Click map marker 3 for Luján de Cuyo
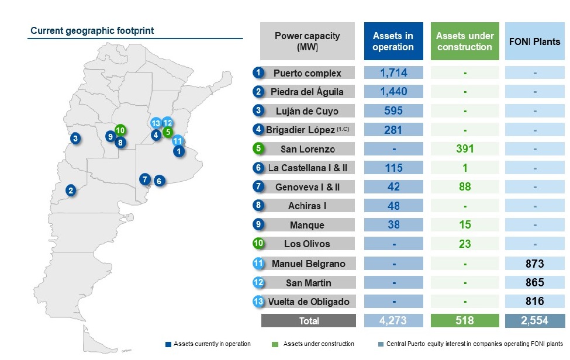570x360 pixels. click(x=76, y=139)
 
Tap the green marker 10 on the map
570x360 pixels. click(x=120, y=130)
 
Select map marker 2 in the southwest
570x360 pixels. click(x=71, y=190)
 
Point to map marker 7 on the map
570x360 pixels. click(x=145, y=179)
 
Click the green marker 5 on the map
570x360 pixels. click(x=168, y=132)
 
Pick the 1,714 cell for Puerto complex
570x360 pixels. click(x=393, y=73)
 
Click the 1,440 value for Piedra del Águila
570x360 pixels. click(x=393, y=92)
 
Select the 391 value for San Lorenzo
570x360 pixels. click(x=465, y=148)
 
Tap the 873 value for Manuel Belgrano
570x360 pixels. click(x=534, y=264)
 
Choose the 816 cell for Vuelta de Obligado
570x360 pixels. click(x=534, y=302)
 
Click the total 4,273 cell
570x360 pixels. click(x=393, y=321)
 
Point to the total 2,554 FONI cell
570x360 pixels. click(x=534, y=321)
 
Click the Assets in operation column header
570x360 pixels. click(x=393, y=41)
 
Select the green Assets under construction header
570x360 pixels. click(x=465, y=41)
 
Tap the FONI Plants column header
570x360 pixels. click(x=534, y=41)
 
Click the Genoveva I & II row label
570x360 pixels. click(x=308, y=187)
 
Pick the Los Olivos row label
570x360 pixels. click(x=308, y=244)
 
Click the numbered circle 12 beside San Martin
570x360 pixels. click(x=259, y=283)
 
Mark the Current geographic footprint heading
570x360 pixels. click(x=92, y=30)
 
